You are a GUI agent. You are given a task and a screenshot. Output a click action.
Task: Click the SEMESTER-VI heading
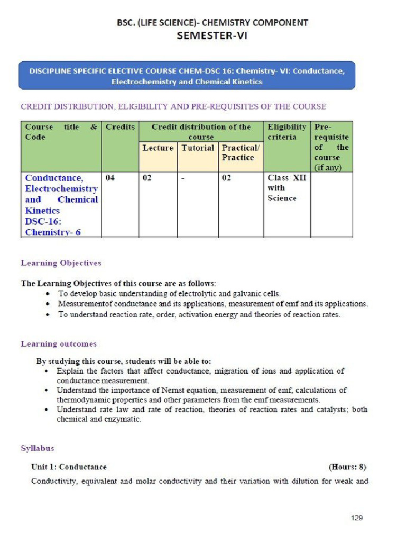[x=211, y=36]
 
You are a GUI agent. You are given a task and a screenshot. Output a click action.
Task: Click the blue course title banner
[x=187, y=76]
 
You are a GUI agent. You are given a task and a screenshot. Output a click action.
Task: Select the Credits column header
[x=120, y=127]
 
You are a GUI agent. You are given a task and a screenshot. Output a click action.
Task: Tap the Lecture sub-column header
[x=158, y=148]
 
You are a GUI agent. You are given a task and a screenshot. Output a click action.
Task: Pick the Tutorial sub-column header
[x=198, y=148]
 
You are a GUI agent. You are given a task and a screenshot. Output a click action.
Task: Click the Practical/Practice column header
[x=241, y=153]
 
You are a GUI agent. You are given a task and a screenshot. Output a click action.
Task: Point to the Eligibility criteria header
[x=287, y=132]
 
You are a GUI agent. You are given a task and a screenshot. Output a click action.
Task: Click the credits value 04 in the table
[x=110, y=178]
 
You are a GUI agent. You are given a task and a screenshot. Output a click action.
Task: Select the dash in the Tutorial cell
[x=182, y=178]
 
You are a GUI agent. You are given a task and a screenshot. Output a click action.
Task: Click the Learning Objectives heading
[x=61, y=263]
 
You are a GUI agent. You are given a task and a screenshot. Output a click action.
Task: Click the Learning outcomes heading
[x=59, y=344]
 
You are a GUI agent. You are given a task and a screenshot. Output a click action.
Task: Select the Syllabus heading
[x=38, y=448]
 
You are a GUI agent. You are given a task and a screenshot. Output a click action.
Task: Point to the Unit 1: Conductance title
[x=69, y=467]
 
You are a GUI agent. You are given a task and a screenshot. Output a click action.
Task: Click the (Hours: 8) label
[x=347, y=467]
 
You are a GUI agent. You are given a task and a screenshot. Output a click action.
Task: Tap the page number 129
[x=357, y=518]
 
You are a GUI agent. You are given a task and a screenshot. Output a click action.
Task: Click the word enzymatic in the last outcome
[x=124, y=419]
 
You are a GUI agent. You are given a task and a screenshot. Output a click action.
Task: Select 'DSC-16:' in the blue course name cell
[x=42, y=221]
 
